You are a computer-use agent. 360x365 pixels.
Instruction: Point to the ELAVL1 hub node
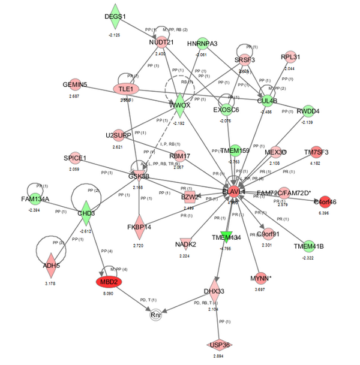point(233,191)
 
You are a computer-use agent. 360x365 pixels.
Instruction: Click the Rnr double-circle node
point(155,315)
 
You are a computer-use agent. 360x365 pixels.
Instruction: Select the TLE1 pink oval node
point(125,89)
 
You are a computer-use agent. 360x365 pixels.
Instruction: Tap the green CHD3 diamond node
point(86,212)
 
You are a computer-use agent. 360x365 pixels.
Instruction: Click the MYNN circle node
point(259,279)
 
